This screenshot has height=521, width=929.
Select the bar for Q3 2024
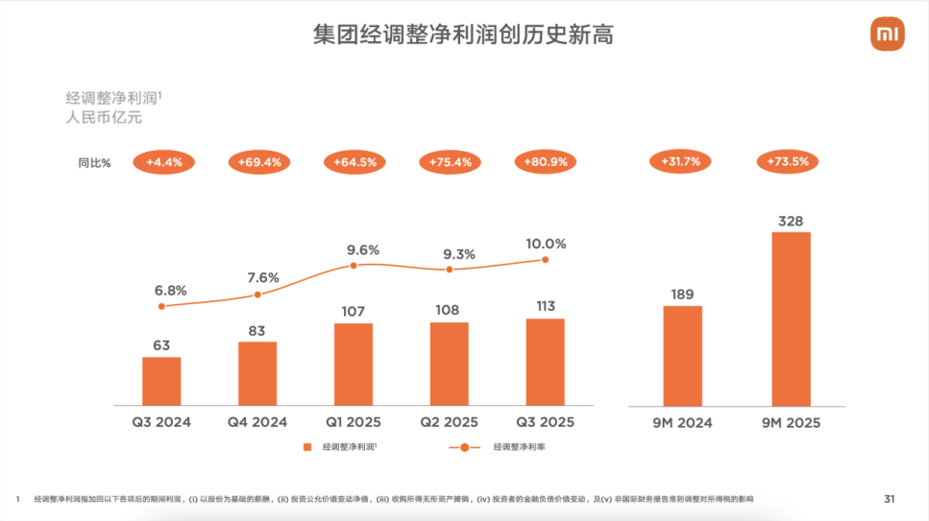tap(161, 380)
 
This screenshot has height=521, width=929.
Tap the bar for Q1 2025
tap(354, 364)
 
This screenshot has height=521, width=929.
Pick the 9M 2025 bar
tap(792, 318)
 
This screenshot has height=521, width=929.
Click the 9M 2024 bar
tap(683, 355)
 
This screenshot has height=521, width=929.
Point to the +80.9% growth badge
tap(545, 162)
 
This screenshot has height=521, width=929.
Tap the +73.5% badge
tap(789, 162)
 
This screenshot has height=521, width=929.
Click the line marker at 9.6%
tap(354, 265)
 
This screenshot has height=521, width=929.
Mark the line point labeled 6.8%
tap(161, 306)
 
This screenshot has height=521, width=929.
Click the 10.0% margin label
tap(545, 244)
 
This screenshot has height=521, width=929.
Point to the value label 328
tap(792, 222)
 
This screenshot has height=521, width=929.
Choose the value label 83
tap(257, 331)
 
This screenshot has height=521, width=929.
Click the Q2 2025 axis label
tap(448, 422)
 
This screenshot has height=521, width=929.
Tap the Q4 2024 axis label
tap(257, 422)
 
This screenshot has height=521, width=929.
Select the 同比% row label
tap(94, 163)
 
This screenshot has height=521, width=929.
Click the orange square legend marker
tap(307, 447)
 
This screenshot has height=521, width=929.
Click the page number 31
tap(889, 498)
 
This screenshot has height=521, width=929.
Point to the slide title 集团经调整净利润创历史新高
tap(463, 36)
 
